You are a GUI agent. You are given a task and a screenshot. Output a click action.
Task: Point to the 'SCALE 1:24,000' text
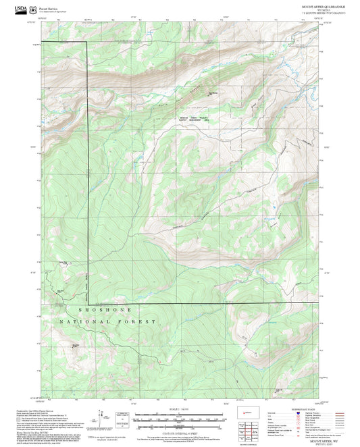[x=180, y=409]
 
